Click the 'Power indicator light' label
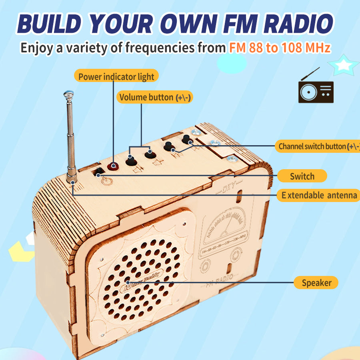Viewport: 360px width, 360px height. [x=116, y=76]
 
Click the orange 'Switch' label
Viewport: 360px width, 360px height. [x=302, y=176]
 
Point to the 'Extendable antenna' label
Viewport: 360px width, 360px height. [x=319, y=195]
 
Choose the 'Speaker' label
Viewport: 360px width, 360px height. [x=316, y=283]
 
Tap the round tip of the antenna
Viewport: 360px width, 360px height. [x=68, y=95]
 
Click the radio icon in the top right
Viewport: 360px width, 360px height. [x=316, y=90]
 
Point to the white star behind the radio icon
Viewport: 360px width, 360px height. [x=342, y=65]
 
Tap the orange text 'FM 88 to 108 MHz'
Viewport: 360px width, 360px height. [x=280, y=48]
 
